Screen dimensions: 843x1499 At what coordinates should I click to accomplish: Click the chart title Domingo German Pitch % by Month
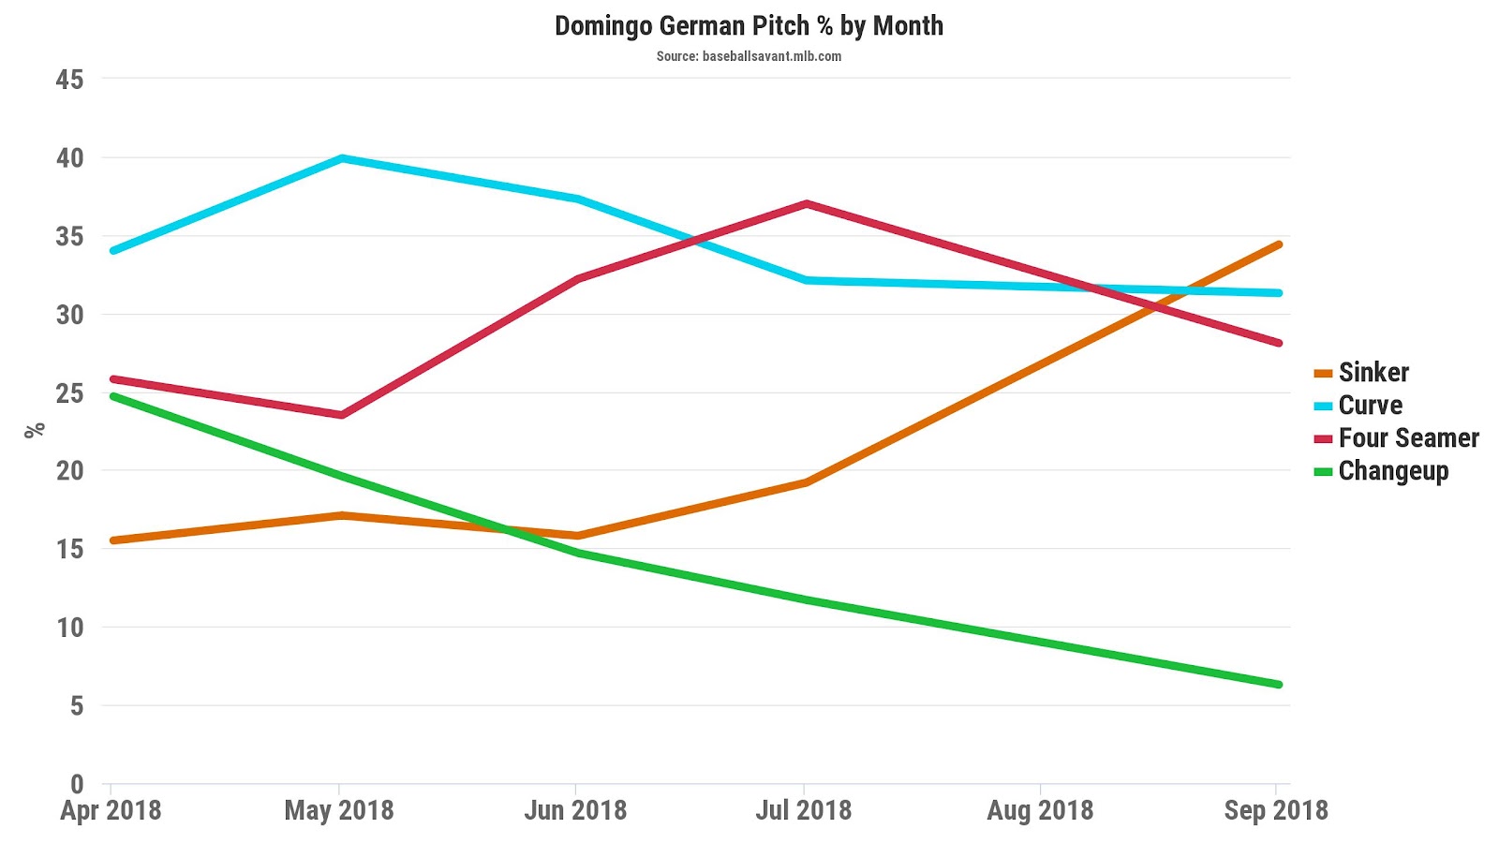pyautogui.click(x=749, y=26)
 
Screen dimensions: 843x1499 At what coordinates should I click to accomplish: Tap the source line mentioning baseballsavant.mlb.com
pyautogui.click(x=749, y=56)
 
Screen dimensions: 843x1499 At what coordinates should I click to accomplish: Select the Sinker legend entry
pyautogui.click(x=1373, y=373)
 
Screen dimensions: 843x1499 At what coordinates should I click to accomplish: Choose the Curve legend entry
pyautogui.click(x=1370, y=406)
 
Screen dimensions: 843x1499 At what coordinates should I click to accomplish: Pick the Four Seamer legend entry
pyautogui.click(x=1408, y=438)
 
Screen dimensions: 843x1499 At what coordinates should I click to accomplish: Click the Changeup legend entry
pyautogui.click(x=1393, y=471)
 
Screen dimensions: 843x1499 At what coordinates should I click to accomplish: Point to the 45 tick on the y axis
pyautogui.click(x=69, y=80)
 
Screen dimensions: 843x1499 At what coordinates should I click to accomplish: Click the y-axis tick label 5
pyautogui.click(x=76, y=705)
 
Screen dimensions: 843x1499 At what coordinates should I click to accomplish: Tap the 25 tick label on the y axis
pyautogui.click(x=69, y=392)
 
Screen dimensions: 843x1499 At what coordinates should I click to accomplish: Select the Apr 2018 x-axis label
pyautogui.click(x=111, y=810)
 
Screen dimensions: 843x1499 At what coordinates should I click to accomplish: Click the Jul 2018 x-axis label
pyautogui.click(x=804, y=810)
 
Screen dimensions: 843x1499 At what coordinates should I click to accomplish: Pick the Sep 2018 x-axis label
pyautogui.click(x=1276, y=810)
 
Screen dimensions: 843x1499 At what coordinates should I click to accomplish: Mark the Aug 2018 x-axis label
pyautogui.click(x=1040, y=810)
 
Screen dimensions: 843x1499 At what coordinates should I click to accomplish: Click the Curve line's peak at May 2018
pyautogui.click(x=343, y=158)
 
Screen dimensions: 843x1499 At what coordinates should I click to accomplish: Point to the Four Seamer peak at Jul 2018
pyautogui.click(x=806, y=204)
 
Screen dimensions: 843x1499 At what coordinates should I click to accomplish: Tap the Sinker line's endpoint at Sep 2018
pyautogui.click(x=1278, y=245)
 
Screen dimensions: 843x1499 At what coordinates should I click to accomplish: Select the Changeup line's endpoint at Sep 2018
pyautogui.click(x=1278, y=685)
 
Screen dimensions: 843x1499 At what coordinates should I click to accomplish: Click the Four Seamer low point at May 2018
pyautogui.click(x=342, y=415)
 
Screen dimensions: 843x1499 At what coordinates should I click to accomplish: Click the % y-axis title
pyautogui.click(x=35, y=430)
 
